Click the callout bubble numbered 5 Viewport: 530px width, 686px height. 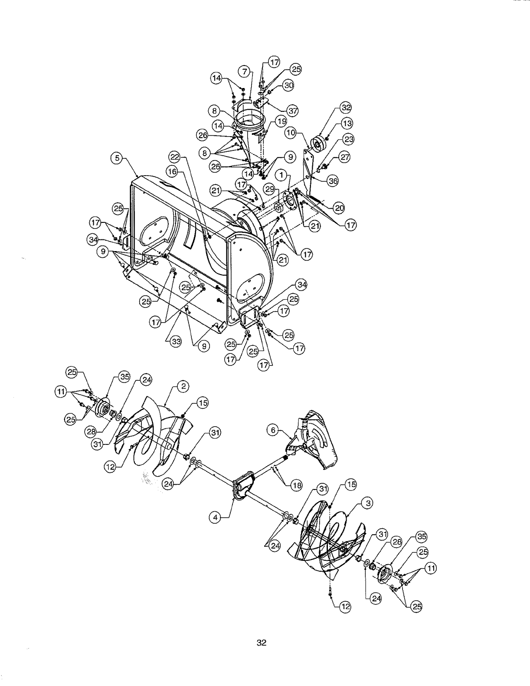point(117,159)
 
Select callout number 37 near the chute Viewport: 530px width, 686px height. point(293,111)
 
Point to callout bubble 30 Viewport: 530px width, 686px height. point(288,86)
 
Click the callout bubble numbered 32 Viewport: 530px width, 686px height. point(346,108)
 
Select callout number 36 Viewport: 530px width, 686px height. point(333,182)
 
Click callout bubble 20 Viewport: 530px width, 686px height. point(339,208)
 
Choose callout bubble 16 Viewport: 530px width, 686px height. point(173,172)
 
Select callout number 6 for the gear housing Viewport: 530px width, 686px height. point(273,430)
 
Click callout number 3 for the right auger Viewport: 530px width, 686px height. point(368,503)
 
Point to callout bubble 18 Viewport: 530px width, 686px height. point(296,486)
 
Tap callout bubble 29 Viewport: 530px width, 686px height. point(269,189)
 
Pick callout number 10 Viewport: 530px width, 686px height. point(291,133)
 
